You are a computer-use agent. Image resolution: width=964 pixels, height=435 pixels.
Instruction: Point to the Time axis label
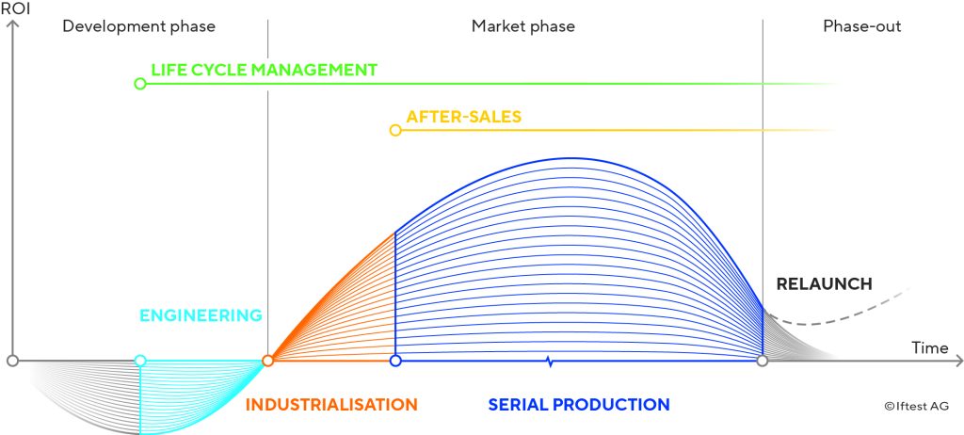tap(929, 347)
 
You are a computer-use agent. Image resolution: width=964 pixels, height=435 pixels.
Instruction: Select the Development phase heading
tap(139, 26)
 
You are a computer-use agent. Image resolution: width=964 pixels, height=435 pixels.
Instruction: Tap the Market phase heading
tap(523, 26)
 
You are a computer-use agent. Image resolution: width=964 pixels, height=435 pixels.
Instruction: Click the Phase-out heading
tap(862, 26)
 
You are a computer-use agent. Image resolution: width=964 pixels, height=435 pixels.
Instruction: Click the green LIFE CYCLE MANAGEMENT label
tap(265, 70)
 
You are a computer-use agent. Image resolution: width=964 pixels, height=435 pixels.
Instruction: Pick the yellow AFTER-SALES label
tap(463, 117)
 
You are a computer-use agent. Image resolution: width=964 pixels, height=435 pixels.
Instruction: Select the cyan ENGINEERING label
tap(201, 315)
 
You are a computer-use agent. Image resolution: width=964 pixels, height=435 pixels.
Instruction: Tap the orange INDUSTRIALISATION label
tap(331, 405)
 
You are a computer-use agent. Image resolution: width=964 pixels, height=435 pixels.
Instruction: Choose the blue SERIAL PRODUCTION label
tap(579, 405)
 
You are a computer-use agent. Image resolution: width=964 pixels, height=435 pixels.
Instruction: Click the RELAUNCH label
tap(824, 283)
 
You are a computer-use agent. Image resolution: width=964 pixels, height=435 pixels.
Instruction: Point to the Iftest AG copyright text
tap(917, 406)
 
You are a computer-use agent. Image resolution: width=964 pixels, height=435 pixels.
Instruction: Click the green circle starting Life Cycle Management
tap(140, 84)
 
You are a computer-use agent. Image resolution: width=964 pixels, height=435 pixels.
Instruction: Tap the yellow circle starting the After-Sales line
tap(395, 131)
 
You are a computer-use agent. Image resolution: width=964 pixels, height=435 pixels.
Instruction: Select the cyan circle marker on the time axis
tap(140, 361)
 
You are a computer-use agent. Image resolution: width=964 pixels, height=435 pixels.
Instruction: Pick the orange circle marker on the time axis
tap(267, 361)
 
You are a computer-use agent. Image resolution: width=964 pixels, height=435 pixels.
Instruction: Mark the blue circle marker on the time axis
tap(395, 361)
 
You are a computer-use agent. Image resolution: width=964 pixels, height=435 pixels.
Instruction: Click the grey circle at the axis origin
tap(12, 361)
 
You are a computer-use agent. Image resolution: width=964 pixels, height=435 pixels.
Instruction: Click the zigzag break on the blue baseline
tap(550, 362)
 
